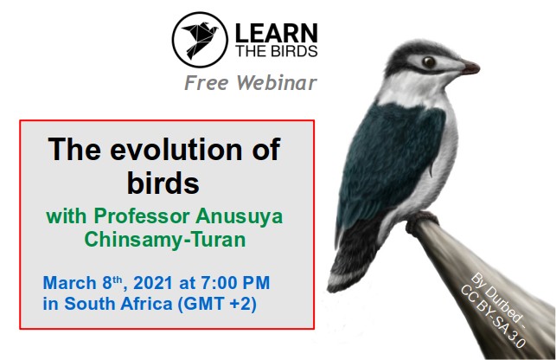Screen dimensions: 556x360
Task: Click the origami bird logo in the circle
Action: (200, 40)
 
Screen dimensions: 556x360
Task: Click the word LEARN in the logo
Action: (276, 34)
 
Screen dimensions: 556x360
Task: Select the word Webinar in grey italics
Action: (277, 83)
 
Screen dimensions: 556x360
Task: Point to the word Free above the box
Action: (207, 83)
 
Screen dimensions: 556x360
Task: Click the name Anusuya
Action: (239, 216)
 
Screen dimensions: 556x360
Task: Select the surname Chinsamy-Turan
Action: (165, 240)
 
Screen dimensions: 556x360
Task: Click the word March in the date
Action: (69, 283)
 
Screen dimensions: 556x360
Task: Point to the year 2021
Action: (153, 283)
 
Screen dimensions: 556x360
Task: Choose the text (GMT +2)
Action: (217, 304)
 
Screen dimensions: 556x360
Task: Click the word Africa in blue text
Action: (146, 304)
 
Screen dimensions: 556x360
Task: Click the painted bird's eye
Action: (429, 62)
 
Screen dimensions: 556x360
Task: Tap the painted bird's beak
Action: (470, 67)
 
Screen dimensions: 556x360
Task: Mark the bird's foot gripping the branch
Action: (420, 221)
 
